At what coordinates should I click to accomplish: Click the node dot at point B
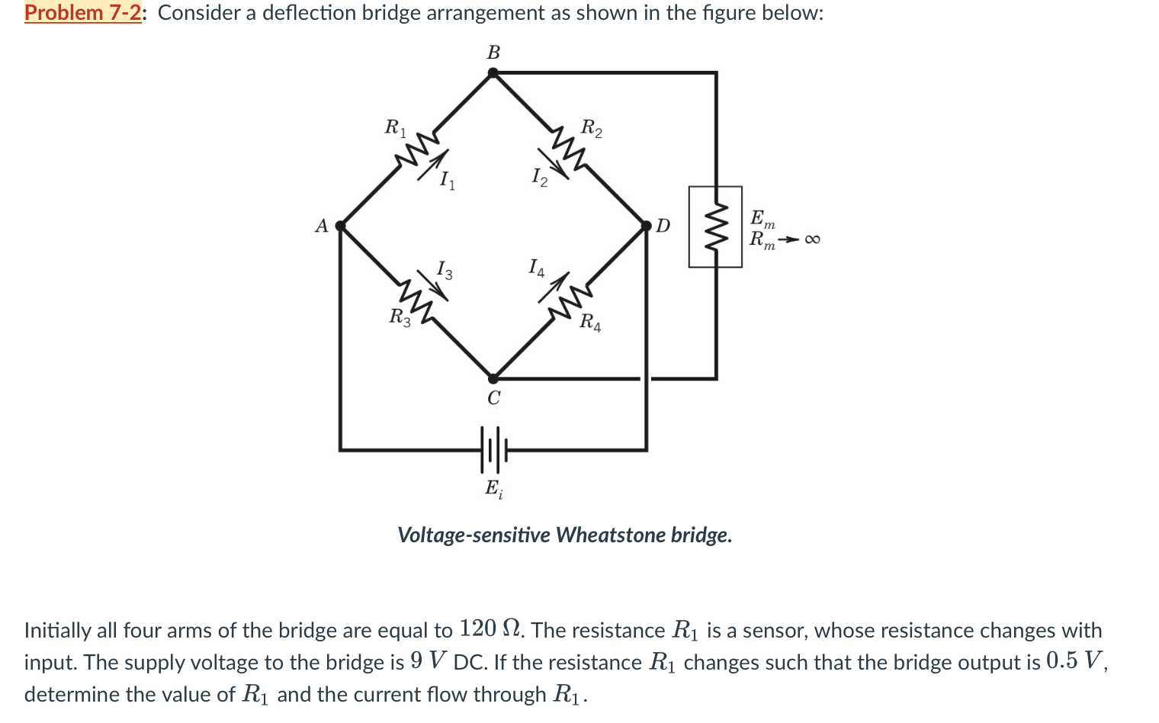point(493,73)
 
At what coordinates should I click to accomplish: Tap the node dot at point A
point(341,226)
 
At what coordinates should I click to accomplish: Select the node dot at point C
point(493,378)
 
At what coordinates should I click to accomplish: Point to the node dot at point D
point(647,226)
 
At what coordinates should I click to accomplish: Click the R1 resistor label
point(395,127)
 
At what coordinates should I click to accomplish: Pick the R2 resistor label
point(591,127)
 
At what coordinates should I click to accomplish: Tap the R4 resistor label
point(589,323)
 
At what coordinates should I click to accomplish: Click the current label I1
point(447,181)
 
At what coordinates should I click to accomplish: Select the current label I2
point(539,178)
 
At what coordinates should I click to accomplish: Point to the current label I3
point(444,269)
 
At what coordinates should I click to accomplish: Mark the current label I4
point(537,268)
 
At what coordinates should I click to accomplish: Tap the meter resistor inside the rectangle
point(715,227)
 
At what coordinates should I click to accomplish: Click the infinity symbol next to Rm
point(812,240)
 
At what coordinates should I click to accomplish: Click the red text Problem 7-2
point(82,13)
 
